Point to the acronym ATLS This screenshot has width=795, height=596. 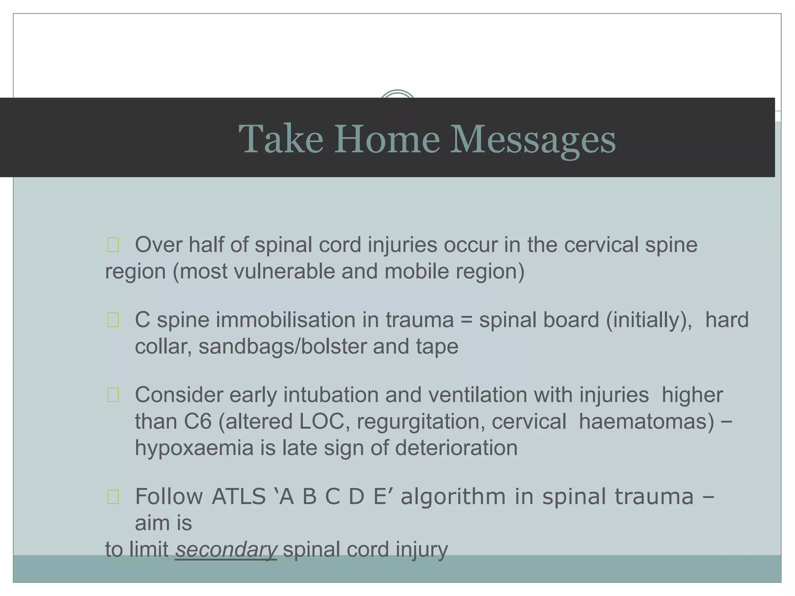pos(238,497)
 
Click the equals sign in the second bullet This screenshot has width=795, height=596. pos(466,321)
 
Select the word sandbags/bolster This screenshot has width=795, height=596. pos(283,347)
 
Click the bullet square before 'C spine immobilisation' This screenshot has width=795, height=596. pos(113,321)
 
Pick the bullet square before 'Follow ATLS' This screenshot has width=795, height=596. pos(113,497)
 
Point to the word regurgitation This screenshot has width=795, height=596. pos(421,421)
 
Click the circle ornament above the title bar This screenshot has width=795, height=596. pos(397,94)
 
